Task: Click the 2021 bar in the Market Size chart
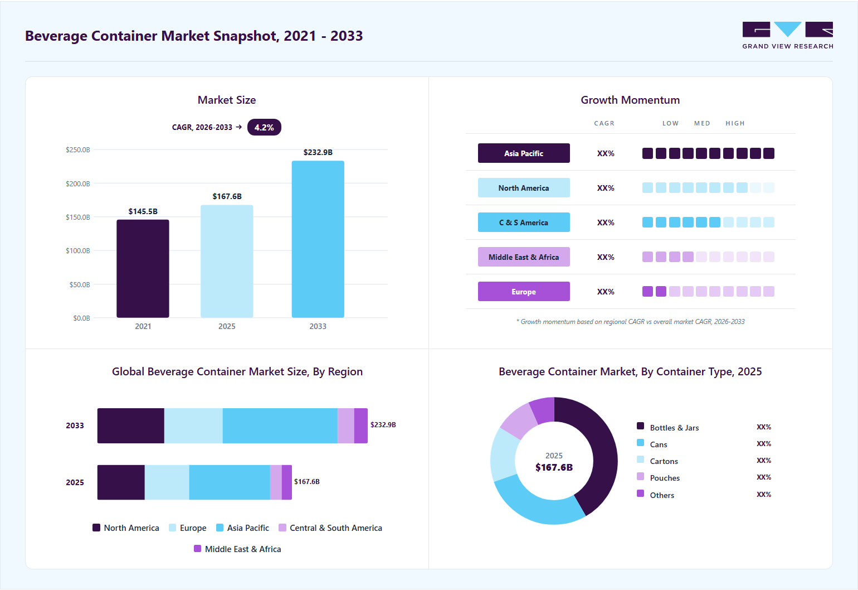[x=143, y=268]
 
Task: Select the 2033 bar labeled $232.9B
[x=318, y=239]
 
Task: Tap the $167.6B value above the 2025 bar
[x=227, y=196]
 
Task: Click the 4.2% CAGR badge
[x=264, y=127]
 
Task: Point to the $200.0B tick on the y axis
[x=78, y=183]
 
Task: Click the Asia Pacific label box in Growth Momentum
[x=524, y=153]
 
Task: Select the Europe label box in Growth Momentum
[x=524, y=291]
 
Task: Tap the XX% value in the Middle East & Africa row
[x=606, y=257]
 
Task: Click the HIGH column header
[x=735, y=123]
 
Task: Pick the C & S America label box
[x=524, y=223]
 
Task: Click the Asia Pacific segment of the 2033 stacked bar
[x=280, y=425]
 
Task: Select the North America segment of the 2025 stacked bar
[x=121, y=482]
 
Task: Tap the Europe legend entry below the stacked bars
[x=188, y=528]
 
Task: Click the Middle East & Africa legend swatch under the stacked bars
[x=198, y=549]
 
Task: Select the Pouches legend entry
[x=659, y=478]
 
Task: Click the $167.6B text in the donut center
[x=554, y=467]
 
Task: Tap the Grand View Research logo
[x=788, y=35]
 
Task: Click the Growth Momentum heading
[x=630, y=100]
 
